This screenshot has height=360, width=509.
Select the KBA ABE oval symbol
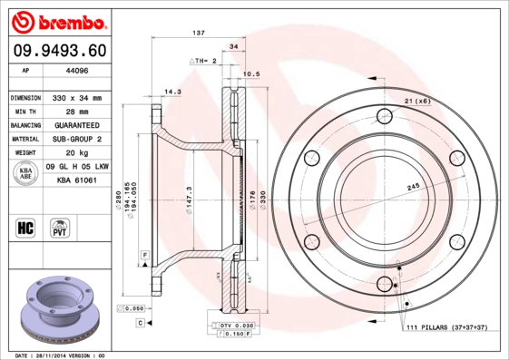pyautogui.click(x=27, y=172)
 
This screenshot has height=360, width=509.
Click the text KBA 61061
pyautogui.click(x=76, y=180)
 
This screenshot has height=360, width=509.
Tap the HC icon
pyautogui.click(x=26, y=227)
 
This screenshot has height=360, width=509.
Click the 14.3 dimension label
pyautogui.click(x=171, y=90)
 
